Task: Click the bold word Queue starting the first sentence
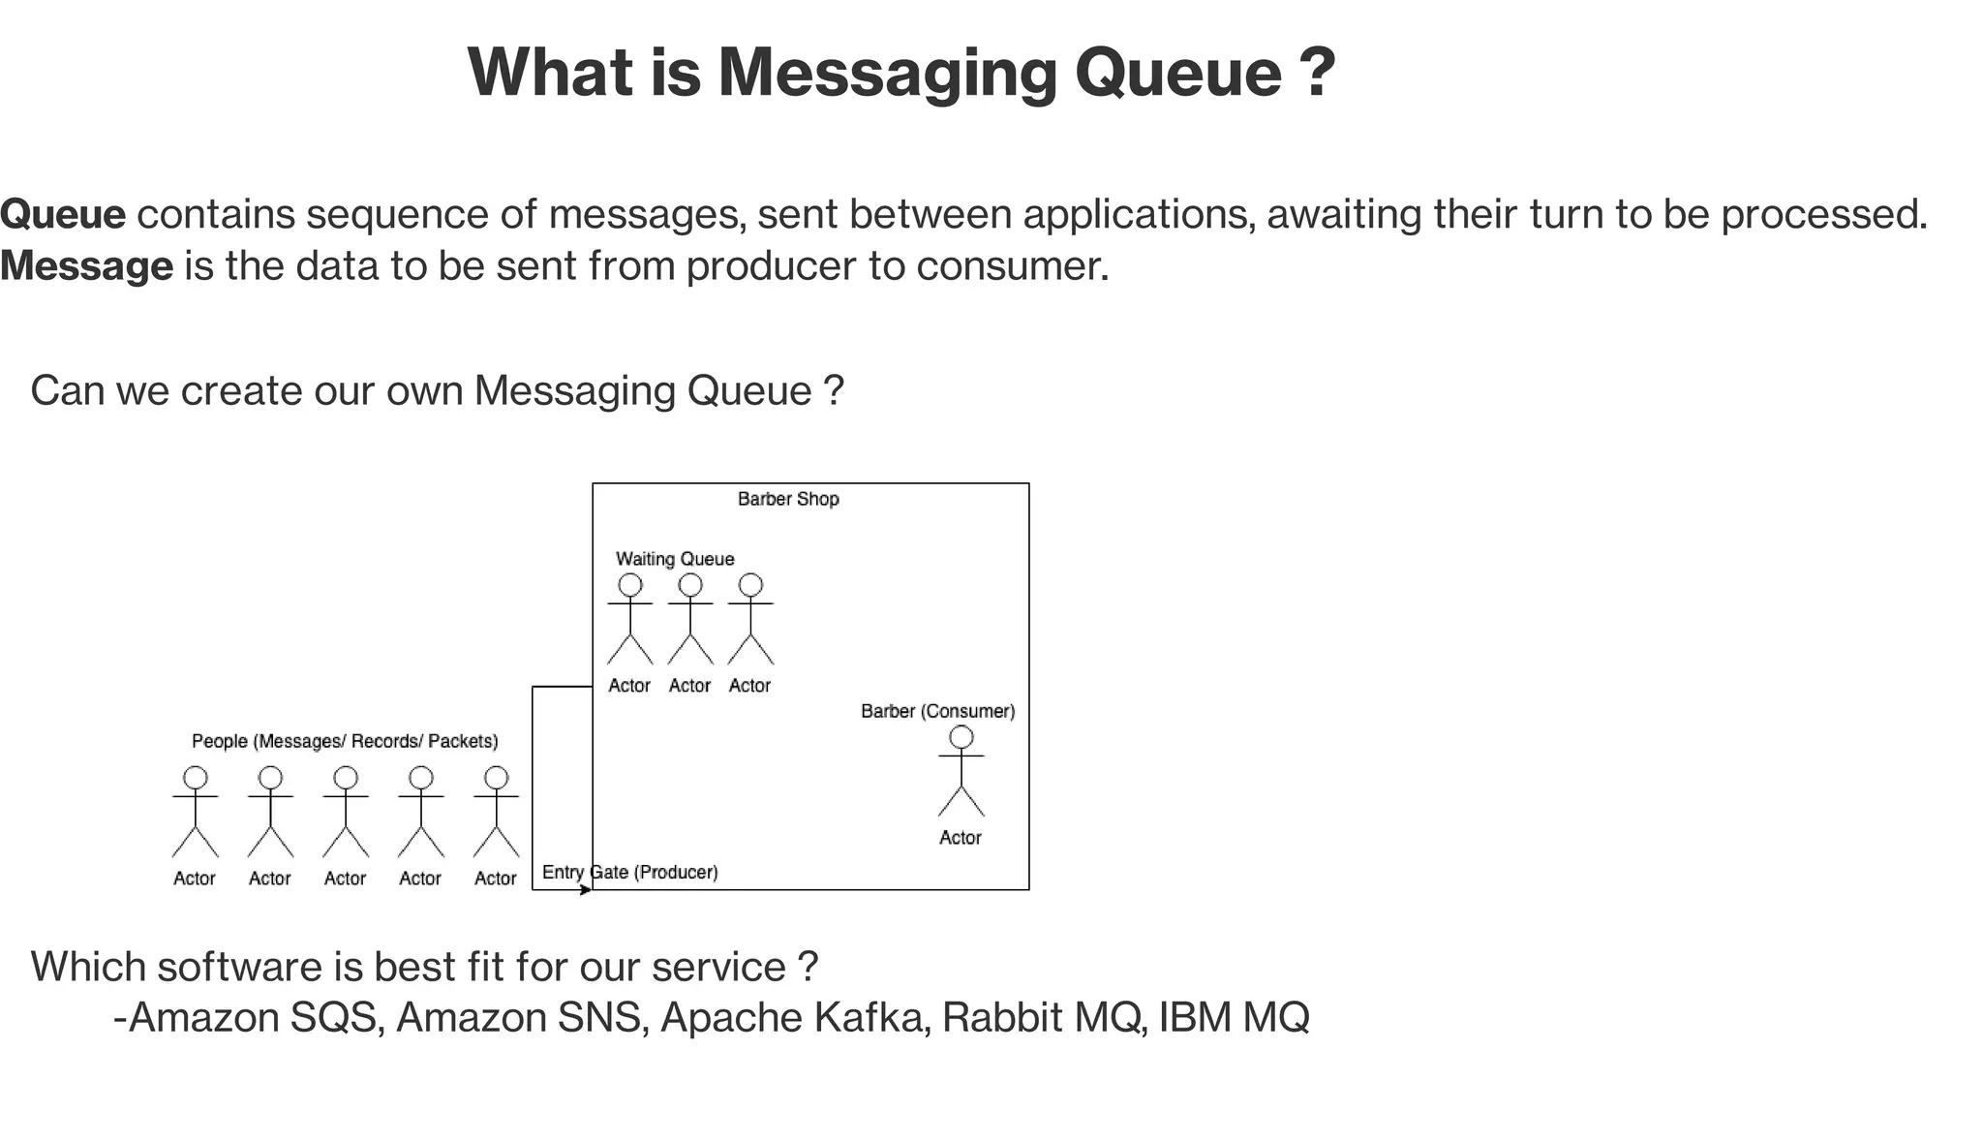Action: [63, 214]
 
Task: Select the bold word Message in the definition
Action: [86, 266]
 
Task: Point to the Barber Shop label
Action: [788, 499]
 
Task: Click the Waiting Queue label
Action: [675, 559]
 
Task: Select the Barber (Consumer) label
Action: [937, 711]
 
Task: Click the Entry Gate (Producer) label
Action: [630, 872]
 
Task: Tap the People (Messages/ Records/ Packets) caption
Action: [345, 741]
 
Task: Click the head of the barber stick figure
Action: [961, 737]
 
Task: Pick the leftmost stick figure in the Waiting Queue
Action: [630, 620]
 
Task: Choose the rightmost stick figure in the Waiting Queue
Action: [750, 620]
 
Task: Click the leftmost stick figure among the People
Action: [196, 813]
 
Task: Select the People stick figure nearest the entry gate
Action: [496, 813]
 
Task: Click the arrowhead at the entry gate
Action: [586, 890]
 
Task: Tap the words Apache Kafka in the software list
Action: [790, 1018]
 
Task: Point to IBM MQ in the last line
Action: [1234, 1018]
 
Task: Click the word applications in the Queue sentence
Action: [1134, 214]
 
